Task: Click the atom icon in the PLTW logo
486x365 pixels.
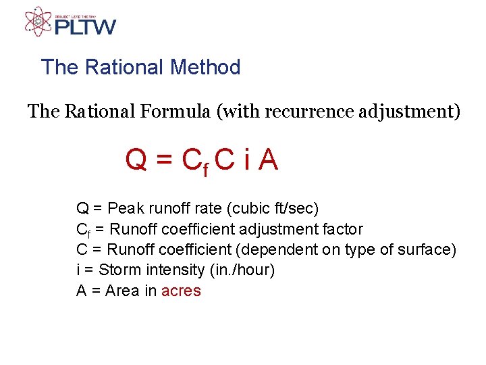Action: click(x=38, y=21)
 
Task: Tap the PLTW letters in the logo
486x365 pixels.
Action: click(x=86, y=26)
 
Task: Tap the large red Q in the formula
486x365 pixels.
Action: click(x=137, y=160)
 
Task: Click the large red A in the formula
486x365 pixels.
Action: click(x=268, y=160)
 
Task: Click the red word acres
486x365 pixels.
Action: click(x=181, y=291)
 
